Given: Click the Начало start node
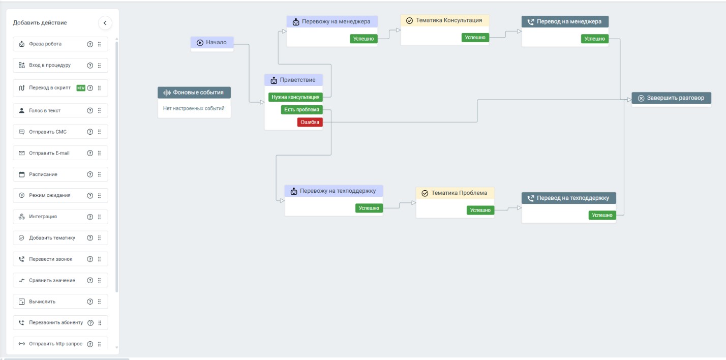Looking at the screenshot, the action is (x=212, y=42).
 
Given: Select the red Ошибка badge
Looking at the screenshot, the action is (x=310, y=122).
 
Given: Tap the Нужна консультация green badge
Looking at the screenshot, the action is (x=295, y=97).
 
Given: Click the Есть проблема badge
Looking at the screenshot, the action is (x=302, y=109).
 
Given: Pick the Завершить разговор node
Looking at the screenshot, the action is (x=672, y=98).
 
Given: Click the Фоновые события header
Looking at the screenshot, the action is (x=194, y=93).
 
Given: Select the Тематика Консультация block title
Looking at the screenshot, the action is (x=445, y=20).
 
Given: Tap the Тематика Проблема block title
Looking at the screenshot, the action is (x=455, y=193).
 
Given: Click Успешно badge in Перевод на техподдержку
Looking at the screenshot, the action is (x=602, y=215).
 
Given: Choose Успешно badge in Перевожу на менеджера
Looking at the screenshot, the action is (x=364, y=39).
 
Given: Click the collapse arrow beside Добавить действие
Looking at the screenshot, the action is (x=105, y=23).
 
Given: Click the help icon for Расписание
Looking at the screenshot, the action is (x=90, y=174).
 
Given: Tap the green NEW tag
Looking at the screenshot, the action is (x=81, y=88).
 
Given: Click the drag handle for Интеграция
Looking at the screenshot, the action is (x=100, y=217).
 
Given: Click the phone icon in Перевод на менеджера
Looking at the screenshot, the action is (x=531, y=22).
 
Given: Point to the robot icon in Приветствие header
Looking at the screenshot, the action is (x=274, y=80).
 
